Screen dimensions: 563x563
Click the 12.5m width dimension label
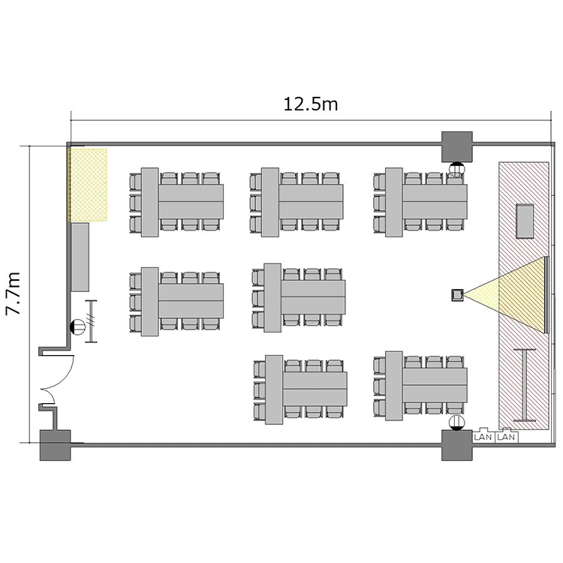tap(311, 104)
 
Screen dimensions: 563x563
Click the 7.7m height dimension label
tap(14, 294)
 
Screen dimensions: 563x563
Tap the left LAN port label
tap(483, 437)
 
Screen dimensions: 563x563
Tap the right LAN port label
tap(506, 437)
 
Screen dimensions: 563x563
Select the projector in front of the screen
tap(457, 295)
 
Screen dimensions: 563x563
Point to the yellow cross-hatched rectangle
tap(88, 185)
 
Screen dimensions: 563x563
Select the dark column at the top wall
tap(456, 146)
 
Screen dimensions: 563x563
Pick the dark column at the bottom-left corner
tap(55, 445)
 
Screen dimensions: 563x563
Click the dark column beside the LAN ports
tap(456, 445)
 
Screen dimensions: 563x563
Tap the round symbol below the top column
tap(456, 169)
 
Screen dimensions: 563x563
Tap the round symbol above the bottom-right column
tap(456, 422)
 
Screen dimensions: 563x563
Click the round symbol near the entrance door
tap(78, 327)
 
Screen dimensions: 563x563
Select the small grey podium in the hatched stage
tap(525, 221)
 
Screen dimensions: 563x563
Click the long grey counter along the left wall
tap(80, 257)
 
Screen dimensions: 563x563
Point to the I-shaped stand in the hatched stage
tap(525, 385)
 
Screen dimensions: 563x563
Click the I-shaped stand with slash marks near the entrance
tap(91, 321)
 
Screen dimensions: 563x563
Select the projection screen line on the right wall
tap(546, 295)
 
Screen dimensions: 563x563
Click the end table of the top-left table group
tap(149, 202)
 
